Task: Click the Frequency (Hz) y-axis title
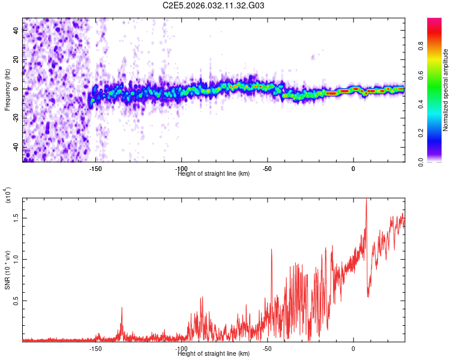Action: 7,90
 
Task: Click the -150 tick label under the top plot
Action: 95,169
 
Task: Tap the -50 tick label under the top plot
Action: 268,169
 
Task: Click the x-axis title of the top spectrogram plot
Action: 214,174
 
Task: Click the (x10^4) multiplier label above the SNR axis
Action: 8,195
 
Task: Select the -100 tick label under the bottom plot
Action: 181,349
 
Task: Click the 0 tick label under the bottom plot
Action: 353,349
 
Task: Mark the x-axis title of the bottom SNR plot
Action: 214,354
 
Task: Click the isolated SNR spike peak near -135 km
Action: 122,308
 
